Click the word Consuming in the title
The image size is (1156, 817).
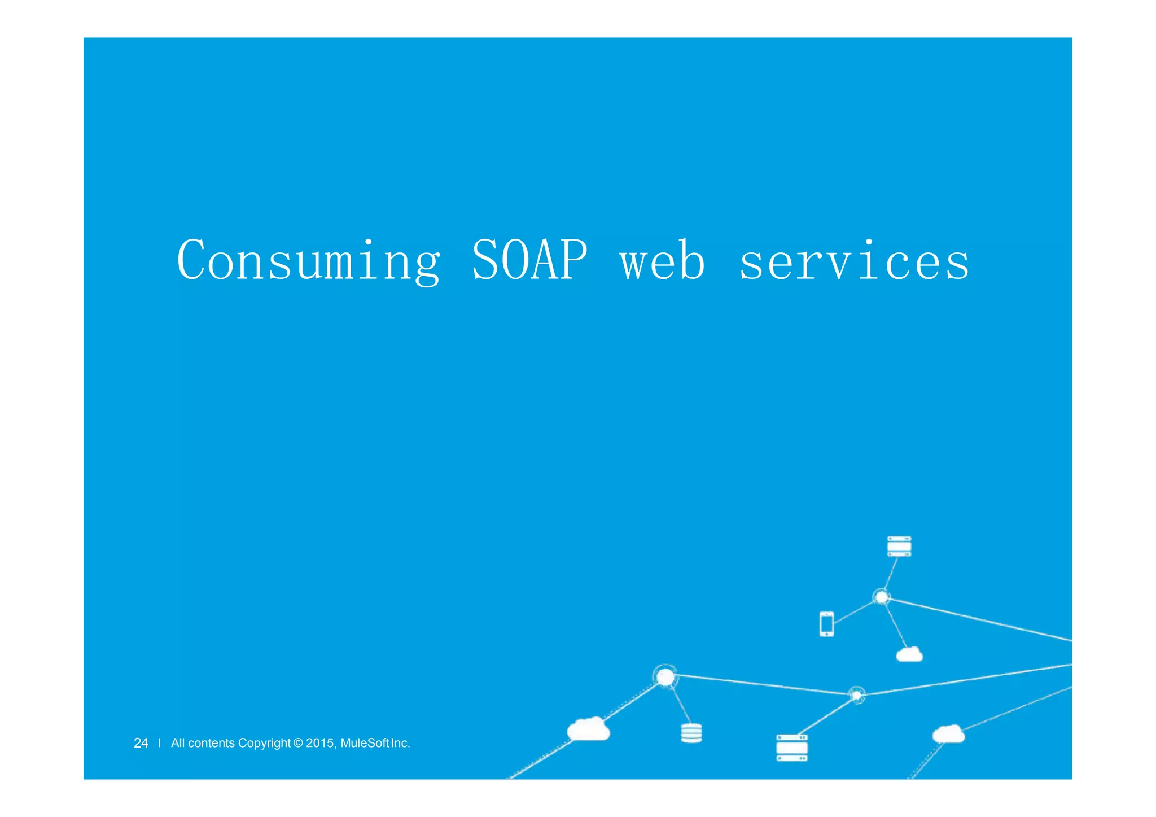[308, 261]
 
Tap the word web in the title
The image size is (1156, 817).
[662, 261]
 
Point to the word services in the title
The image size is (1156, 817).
[854, 261]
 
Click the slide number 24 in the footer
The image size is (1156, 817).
[141, 743]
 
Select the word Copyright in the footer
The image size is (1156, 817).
[264, 743]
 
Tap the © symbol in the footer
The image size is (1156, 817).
[299, 743]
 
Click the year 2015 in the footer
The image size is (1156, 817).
[320, 743]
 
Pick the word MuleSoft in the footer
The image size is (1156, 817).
[365, 743]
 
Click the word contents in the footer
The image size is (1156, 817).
[211, 743]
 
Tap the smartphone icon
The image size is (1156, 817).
[826, 624]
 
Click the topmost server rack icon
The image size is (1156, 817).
[899, 546]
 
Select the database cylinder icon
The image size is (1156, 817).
[691, 733]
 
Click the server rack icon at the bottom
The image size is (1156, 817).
[791, 748]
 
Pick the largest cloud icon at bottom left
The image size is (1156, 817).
[588, 729]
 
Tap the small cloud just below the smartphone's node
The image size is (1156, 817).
[909, 654]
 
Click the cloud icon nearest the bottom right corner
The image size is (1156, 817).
[948, 734]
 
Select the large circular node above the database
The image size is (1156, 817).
[665, 676]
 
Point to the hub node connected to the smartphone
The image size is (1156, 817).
[881, 597]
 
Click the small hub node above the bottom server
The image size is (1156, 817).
[856, 695]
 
